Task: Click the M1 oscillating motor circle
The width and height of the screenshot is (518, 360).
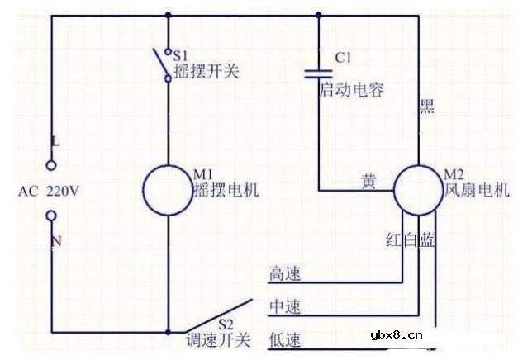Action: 168,190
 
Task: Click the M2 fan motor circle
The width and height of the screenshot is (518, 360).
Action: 418,190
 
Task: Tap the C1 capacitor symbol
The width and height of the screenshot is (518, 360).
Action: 319,72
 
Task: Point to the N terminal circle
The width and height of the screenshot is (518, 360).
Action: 51,216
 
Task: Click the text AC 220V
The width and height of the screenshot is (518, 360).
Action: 50,191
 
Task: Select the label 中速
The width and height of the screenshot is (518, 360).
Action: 285,307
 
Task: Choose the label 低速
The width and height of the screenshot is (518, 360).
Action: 285,339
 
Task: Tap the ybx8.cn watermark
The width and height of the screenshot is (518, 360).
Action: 397,335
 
